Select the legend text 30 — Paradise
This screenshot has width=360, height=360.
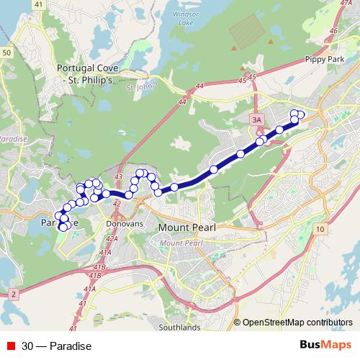pyautogui.click(x=56, y=346)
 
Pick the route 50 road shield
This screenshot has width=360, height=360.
pyautogui.click(x=6, y=53)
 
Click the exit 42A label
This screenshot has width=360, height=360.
pyautogui.click(x=111, y=238)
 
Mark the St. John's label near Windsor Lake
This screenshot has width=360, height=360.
pyautogui.click(x=140, y=89)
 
